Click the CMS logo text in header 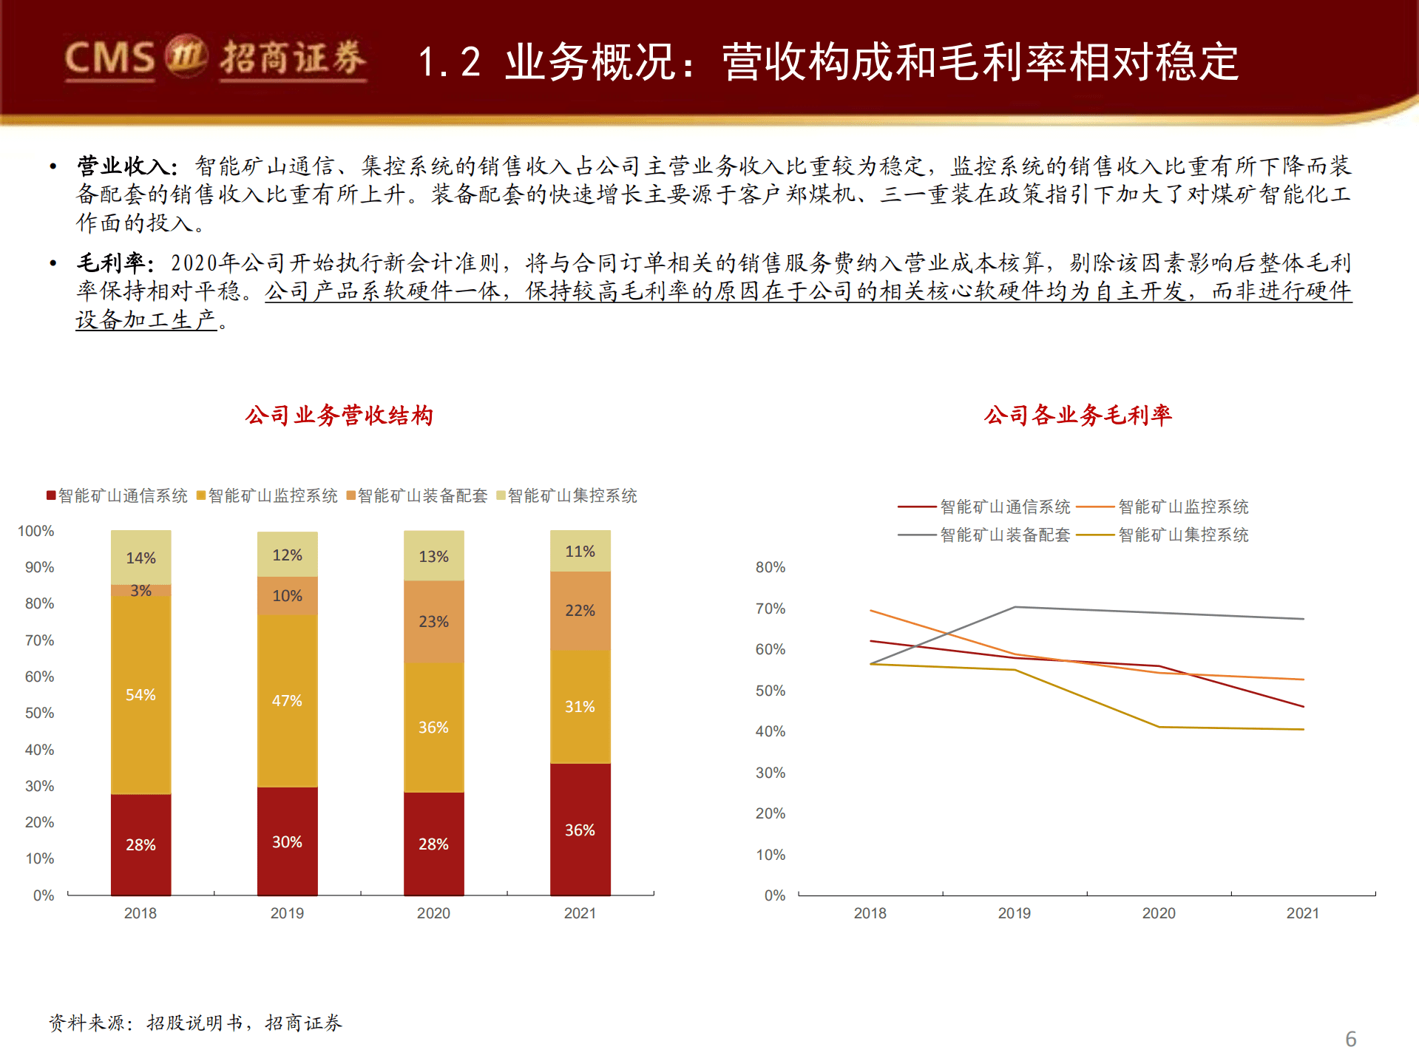(109, 58)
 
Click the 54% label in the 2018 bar (140, 695)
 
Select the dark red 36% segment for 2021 (580, 830)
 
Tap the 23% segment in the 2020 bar (433, 622)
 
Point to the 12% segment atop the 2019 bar (287, 555)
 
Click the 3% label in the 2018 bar (140, 591)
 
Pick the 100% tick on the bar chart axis (35, 531)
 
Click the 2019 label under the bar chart (287, 913)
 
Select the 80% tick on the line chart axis (770, 567)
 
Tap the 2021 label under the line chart (1302, 913)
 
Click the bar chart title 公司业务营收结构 (339, 416)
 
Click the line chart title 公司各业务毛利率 (1077, 416)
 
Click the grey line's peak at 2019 (1015, 607)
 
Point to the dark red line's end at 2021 (1303, 706)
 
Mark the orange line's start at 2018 (871, 611)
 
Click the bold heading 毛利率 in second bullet (111, 262)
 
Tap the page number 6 (1350, 1039)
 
